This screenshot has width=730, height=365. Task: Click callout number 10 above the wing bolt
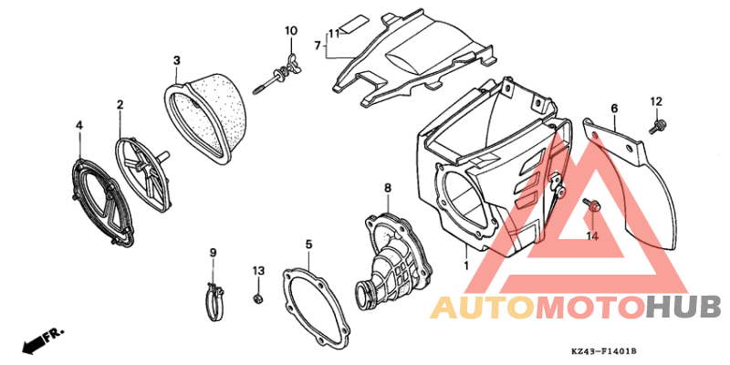[290, 31]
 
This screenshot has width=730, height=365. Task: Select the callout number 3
[176, 60]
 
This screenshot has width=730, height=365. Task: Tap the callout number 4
[79, 125]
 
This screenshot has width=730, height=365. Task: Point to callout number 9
[213, 253]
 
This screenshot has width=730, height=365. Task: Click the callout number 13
[258, 270]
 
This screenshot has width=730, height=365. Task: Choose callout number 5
[308, 244]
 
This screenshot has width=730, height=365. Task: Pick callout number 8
[388, 188]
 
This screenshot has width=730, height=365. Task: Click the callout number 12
[656, 101]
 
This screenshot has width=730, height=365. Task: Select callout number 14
[591, 236]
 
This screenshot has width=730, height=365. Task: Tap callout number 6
[614, 109]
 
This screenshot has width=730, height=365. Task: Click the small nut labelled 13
[256, 298]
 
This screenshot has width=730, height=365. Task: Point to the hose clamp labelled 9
[214, 303]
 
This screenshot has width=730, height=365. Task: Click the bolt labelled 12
[657, 127]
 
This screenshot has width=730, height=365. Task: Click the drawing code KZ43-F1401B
[604, 350]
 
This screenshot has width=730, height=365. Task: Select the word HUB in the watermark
[684, 308]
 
